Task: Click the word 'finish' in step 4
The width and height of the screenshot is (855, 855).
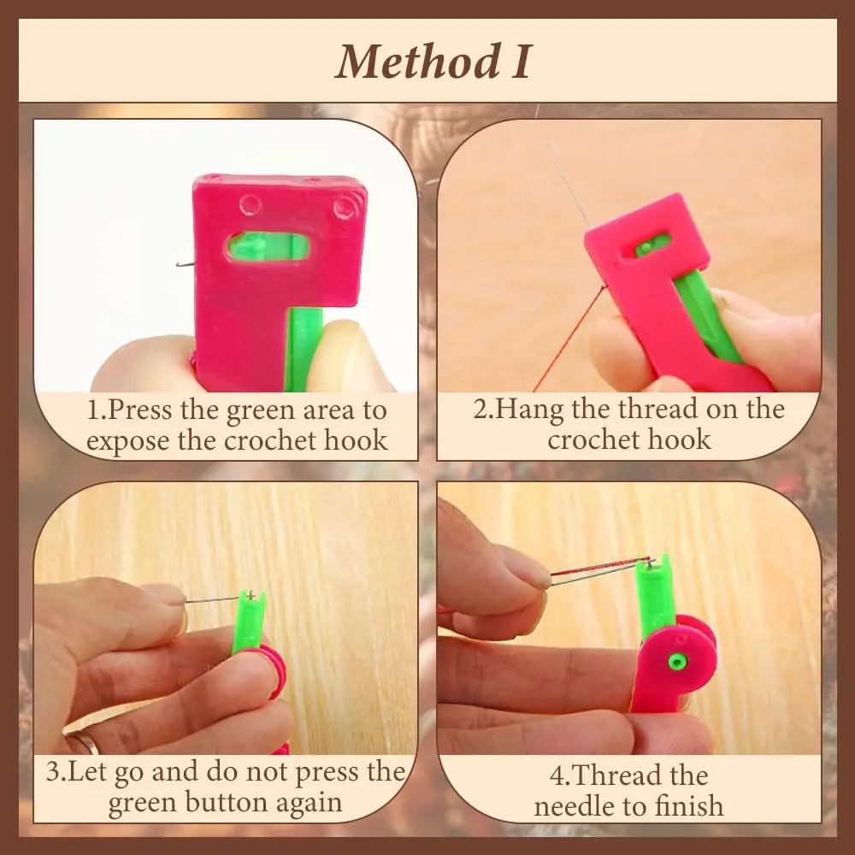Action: [x=684, y=805]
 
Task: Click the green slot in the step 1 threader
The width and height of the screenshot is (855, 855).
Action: [x=268, y=248]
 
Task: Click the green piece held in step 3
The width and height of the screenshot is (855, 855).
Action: [x=250, y=622]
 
